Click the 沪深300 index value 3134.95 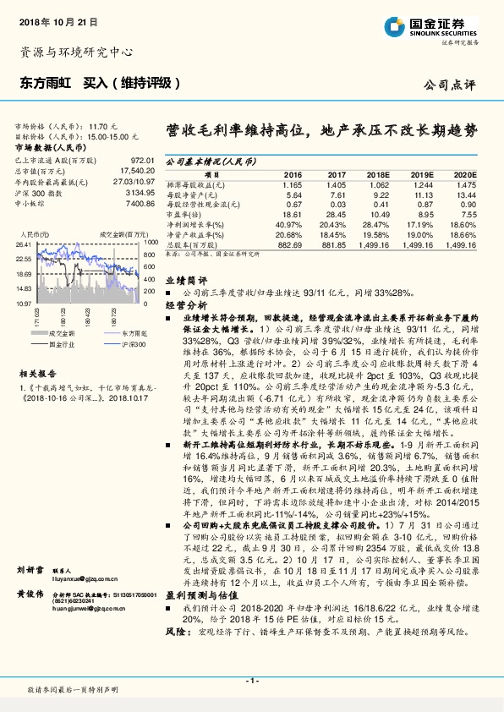(139, 193)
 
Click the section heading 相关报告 (38, 372)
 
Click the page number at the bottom (251, 681)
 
